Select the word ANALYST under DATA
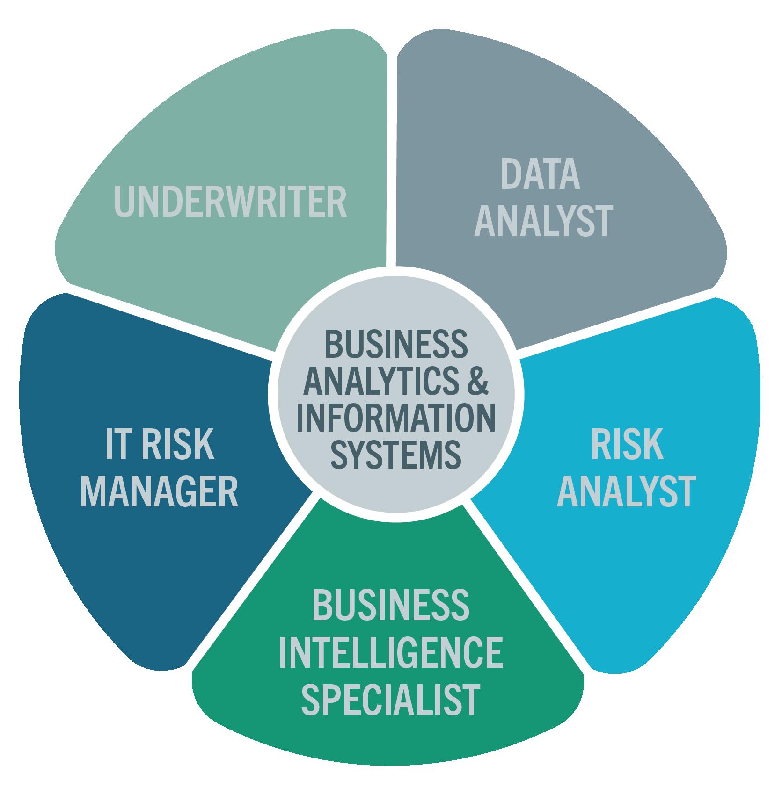point(543,221)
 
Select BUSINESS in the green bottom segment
point(391,604)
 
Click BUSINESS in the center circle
point(396,344)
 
